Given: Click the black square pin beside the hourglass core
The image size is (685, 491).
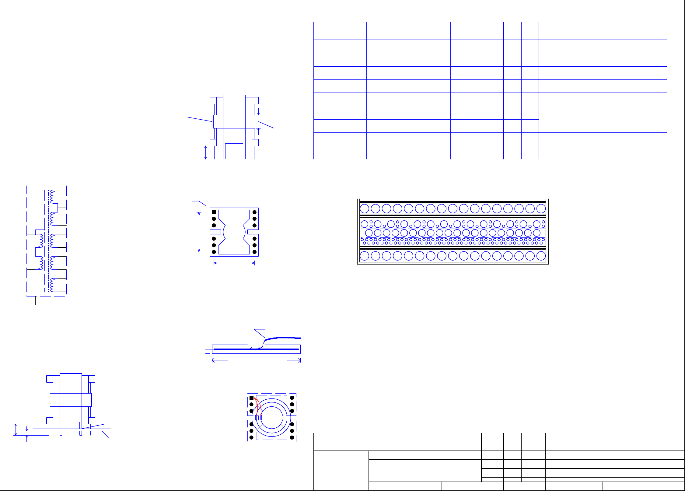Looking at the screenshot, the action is [x=214, y=212].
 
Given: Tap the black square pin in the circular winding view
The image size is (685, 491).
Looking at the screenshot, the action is [x=251, y=398].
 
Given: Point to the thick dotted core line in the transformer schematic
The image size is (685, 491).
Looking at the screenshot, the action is [x=49, y=240].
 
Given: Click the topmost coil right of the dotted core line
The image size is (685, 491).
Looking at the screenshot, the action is [x=52, y=197].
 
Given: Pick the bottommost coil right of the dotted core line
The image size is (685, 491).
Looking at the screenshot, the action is [x=52, y=285].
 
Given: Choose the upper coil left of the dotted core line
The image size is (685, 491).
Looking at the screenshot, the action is [x=40, y=240].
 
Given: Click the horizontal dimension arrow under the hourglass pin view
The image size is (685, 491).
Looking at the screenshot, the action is [x=234, y=263].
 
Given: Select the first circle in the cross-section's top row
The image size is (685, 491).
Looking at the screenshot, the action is [x=364, y=209].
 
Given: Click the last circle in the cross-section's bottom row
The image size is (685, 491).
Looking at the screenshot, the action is [x=541, y=256].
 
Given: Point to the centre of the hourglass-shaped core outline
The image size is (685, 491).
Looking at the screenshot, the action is [x=234, y=232].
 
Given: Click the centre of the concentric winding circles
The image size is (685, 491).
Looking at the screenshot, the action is [x=271, y=418].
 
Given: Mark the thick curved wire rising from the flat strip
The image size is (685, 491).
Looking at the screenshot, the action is [x=280, y=338].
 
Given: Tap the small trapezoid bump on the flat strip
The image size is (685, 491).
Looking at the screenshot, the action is [x=255, y=348].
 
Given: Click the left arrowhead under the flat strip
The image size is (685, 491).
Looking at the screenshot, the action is [x=213, y=360].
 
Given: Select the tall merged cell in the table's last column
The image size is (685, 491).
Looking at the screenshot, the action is [x=603, y=119].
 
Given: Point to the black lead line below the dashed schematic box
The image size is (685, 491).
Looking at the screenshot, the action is [x=36, y=301].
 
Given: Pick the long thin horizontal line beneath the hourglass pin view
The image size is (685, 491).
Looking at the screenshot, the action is [x=235, y=283].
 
